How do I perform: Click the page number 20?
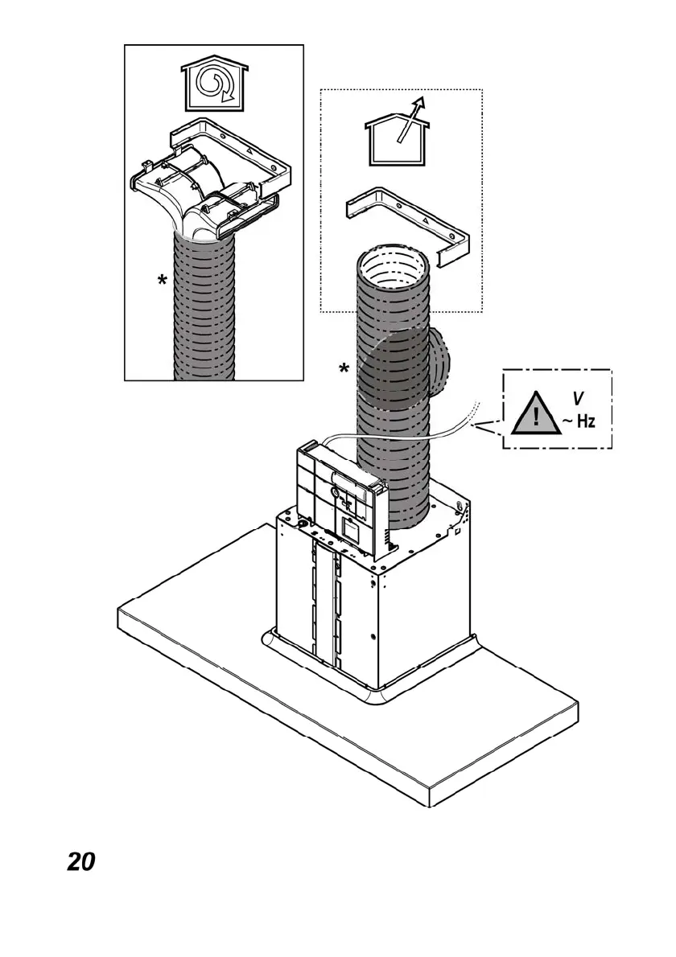(80, 861)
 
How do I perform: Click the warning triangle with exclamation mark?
(535, 416)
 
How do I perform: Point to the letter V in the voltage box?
(578, 397)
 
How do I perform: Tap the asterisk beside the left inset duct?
(163, 281)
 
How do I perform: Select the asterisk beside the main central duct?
(344, 369)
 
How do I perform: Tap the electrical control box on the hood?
(338, 495)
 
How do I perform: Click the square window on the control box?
(351, 529)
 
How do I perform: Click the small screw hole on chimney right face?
(372, 638)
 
